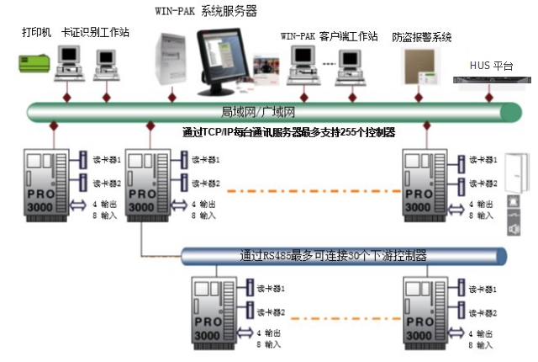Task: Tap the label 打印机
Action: coord(35,32)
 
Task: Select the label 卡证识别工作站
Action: coord(95,32)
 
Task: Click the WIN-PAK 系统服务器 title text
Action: coord(206,11)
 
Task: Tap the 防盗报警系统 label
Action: coord(422,37)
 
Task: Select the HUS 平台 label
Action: coord(491,64)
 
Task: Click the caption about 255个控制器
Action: coord(288,132)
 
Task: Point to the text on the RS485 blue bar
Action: coord(333,256)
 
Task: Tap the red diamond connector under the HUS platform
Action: coord(491,97)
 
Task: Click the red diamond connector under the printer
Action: coord(52,126)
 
